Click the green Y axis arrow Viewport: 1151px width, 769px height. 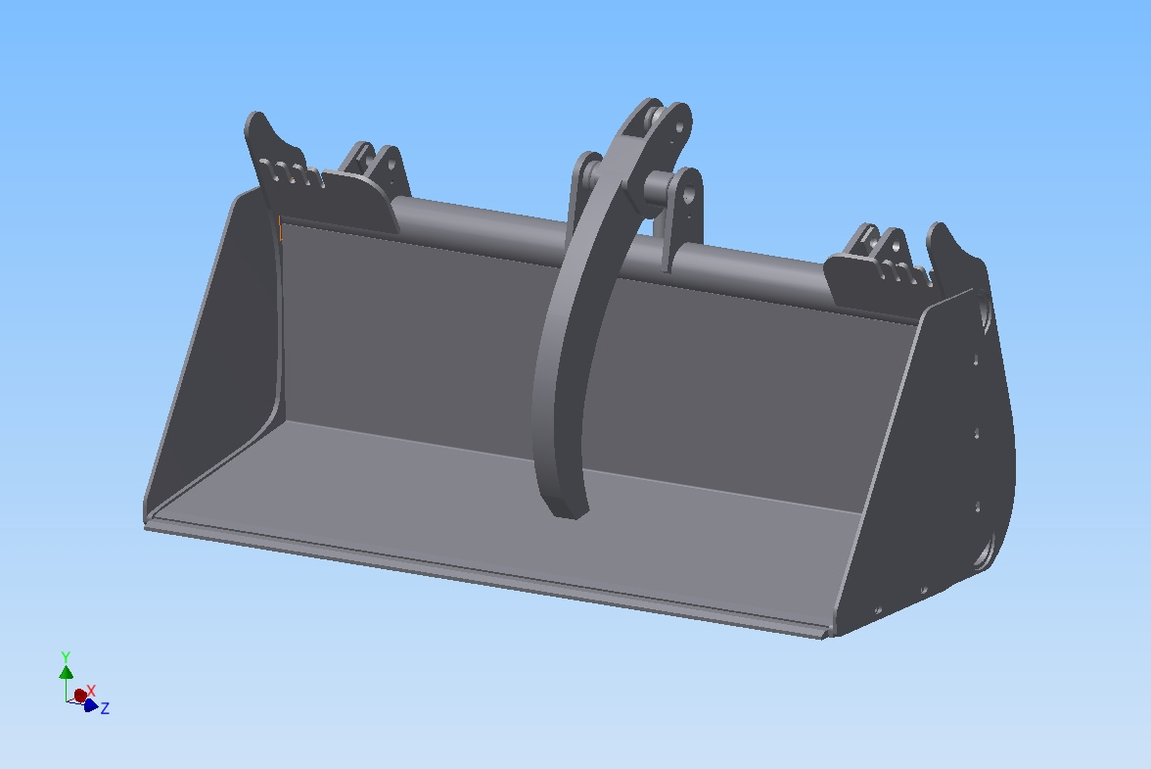click(66, 672)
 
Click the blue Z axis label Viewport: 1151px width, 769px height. click(105, 708)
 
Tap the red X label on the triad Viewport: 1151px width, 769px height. click(91, 691)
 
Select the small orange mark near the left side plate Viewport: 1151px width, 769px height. click(281, 230)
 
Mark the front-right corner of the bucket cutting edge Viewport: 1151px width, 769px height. click(827, 635)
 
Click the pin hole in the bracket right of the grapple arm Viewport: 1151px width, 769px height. click(689, 195)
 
